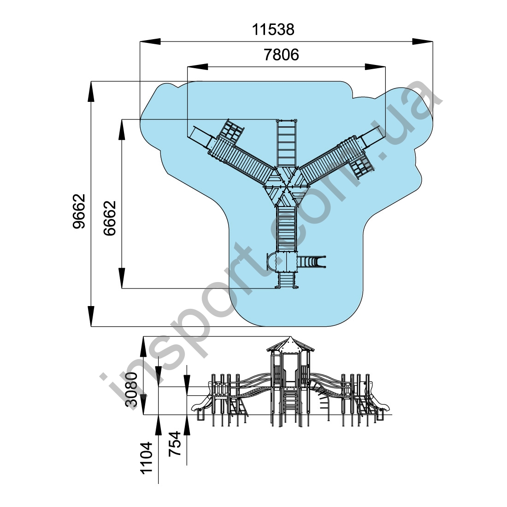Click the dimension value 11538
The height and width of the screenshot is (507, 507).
pos(273,29)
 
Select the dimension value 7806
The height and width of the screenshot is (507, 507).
pos(281,55)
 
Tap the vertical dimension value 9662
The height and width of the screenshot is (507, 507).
pos(79,212)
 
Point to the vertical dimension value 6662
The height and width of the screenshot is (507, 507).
pos(110,218)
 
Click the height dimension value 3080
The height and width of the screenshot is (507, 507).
pos(132,389)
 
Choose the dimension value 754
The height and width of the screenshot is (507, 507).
pos(175,443)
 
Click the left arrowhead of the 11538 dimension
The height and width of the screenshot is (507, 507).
pos(150,41)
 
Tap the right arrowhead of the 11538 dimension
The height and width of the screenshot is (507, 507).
pos(422,41)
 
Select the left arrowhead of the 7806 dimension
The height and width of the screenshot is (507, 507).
pos(198,67)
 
